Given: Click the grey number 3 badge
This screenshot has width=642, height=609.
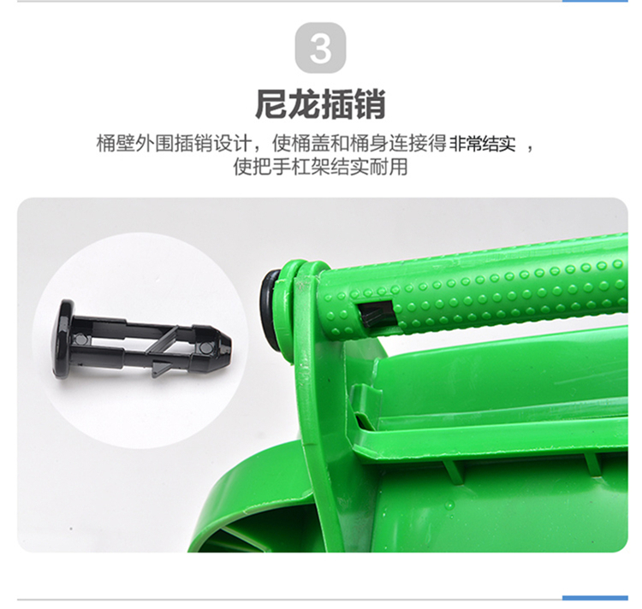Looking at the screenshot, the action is [x=320, y=48].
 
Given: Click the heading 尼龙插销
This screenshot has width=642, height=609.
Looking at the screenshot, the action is [x=320, y=104].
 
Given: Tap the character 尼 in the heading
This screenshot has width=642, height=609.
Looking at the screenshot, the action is [x=271, y=104].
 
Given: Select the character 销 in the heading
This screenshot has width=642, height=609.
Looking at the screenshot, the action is [x=370, y=104].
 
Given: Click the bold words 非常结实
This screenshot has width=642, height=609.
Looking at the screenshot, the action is [x=483, y=144].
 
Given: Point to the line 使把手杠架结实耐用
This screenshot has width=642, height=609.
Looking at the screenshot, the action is [x=320, y=167].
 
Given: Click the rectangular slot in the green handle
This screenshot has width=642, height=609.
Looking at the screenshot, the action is [x=376, y=311].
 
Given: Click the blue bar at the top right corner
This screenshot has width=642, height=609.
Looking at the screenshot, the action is [x=595, y=1].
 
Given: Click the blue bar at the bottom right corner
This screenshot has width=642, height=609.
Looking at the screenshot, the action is [x=595, y=598].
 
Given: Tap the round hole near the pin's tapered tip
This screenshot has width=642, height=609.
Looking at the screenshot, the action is [x=204, y=347].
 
